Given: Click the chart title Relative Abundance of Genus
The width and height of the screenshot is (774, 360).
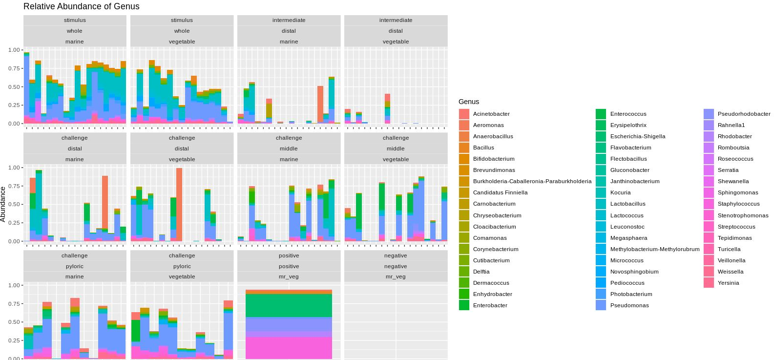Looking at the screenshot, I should click(x=82, y=6).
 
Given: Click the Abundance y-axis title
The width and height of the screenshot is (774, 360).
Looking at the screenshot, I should click(x=3, y=204).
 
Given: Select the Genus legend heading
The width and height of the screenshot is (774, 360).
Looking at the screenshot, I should click(x=469, y=102).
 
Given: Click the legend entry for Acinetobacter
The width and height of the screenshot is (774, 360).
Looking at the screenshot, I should click(x=491, y=114).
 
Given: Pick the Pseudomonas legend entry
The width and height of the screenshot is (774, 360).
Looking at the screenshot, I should click(x=629, y=305).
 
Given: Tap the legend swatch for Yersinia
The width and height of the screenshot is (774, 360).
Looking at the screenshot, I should click(x=709, y=283).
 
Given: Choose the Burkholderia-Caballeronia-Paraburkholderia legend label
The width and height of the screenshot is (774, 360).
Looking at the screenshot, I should click(x=532, y=181).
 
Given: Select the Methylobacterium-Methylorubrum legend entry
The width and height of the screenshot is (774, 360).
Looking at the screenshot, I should click(x=654, y=249).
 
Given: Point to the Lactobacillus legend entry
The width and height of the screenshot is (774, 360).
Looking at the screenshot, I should click(x=628, y=204).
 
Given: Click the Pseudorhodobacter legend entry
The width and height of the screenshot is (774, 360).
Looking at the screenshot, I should click(x=744, y=114).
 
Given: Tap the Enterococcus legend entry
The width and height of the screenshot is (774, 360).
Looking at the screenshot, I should click(x=628, y=114).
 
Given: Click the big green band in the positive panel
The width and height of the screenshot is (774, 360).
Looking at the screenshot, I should click(x=289, y=305).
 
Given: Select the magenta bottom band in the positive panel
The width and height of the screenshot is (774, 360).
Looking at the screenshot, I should click(x=289, y=348).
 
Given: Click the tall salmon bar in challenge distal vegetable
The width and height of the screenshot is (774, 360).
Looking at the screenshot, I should click(x=179, y=205).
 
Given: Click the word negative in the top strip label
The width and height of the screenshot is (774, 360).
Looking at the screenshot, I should click(x=396, y=255).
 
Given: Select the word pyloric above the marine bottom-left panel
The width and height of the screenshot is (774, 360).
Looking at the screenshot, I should click(x=75, y=266).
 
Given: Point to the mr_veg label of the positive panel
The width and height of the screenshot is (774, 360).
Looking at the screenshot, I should click(x=289, y=276).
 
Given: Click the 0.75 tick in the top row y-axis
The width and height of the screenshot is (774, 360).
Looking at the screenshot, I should click(x=14, y=68).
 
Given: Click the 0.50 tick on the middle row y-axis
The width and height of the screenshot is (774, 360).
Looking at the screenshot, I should click(x=14, y=204).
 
